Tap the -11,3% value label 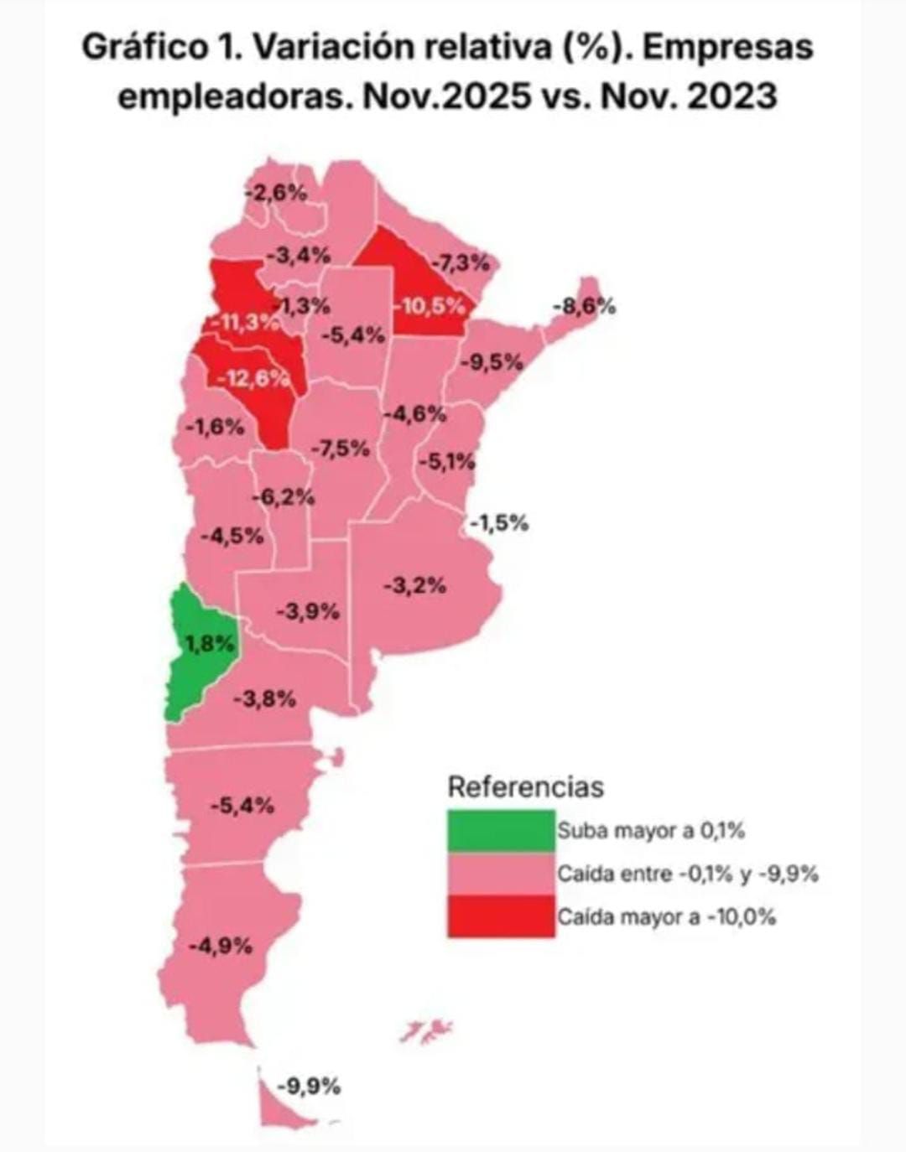click(243, 321)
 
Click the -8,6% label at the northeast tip click(584, 306)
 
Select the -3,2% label click(414, 585)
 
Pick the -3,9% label click(308, 611)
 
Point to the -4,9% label click(221, 946)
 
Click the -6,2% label click(284, 496)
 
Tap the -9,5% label click(492, 362)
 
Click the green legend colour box click(501, 831)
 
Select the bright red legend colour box click(501, 916)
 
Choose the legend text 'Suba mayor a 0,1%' click(651, 831)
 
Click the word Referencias click(525, 787)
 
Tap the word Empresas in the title click(729, 47)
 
